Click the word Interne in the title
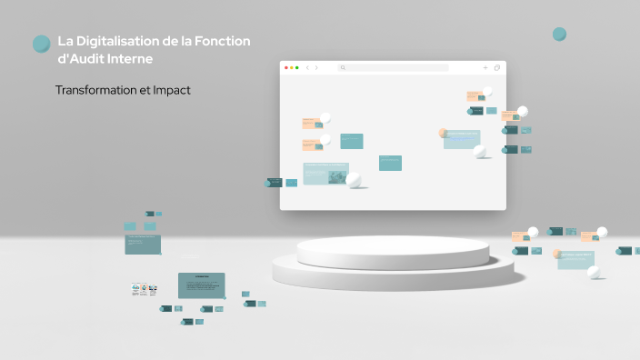click(127, 59)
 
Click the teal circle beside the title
click(41, 44)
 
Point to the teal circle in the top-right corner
click(559, 35)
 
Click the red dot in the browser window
click(286, 67)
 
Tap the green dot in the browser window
click(297, 67)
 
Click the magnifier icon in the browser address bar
click(343, 67)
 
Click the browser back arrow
click(307, 67)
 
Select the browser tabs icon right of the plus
click(497, 67)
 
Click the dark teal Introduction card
click(201, 285)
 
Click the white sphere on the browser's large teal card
click(354, 180)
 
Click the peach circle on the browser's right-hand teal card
click(444, 133)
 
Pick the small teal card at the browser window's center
click(390, 163)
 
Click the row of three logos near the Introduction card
click(144, 290)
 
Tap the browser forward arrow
click(316, 67)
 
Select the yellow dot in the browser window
click(292, 67)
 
